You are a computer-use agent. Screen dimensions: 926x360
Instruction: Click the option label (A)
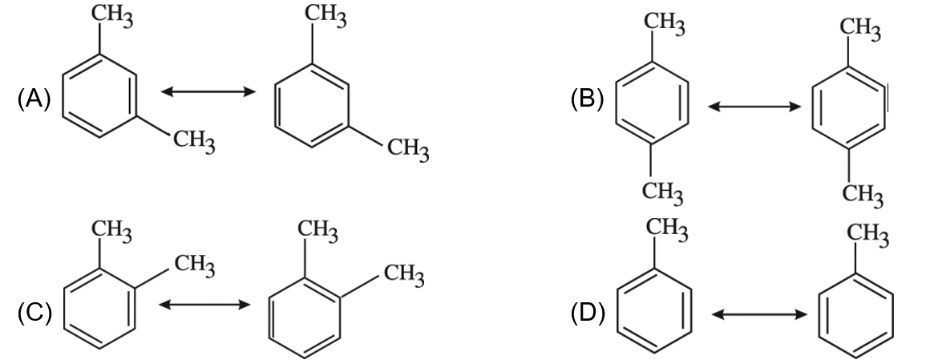click(x=34, y=99)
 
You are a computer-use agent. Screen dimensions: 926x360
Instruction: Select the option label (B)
click(x=587, y=99)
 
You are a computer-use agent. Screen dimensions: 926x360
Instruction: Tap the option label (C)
click(x=34, y=313)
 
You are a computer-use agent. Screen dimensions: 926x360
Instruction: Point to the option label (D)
click(x=588, y=313)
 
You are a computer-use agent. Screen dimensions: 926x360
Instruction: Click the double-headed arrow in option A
click(x=208, y=91)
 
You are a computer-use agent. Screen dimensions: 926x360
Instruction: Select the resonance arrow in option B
click(x=754, y=107)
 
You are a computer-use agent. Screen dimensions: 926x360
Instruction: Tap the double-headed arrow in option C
click(x=204, y=305)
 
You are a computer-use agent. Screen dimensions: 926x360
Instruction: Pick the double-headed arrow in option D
click(x=759, y=314)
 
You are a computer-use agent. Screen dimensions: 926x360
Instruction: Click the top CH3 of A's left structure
click(x=111, y=16)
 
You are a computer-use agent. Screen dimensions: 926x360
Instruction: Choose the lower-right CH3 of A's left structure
click(x=194, y=142)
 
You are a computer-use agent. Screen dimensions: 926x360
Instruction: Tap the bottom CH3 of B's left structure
click(x=662, y=192)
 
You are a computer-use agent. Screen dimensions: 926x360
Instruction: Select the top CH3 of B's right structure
click(x=860, y=28)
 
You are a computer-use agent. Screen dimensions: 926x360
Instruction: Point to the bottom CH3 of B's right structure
click(x=862, y=194)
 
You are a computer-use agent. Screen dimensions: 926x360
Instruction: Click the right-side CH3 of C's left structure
click(x=194, y=265)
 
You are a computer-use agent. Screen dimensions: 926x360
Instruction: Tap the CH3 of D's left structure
click(x=667, y=229)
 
